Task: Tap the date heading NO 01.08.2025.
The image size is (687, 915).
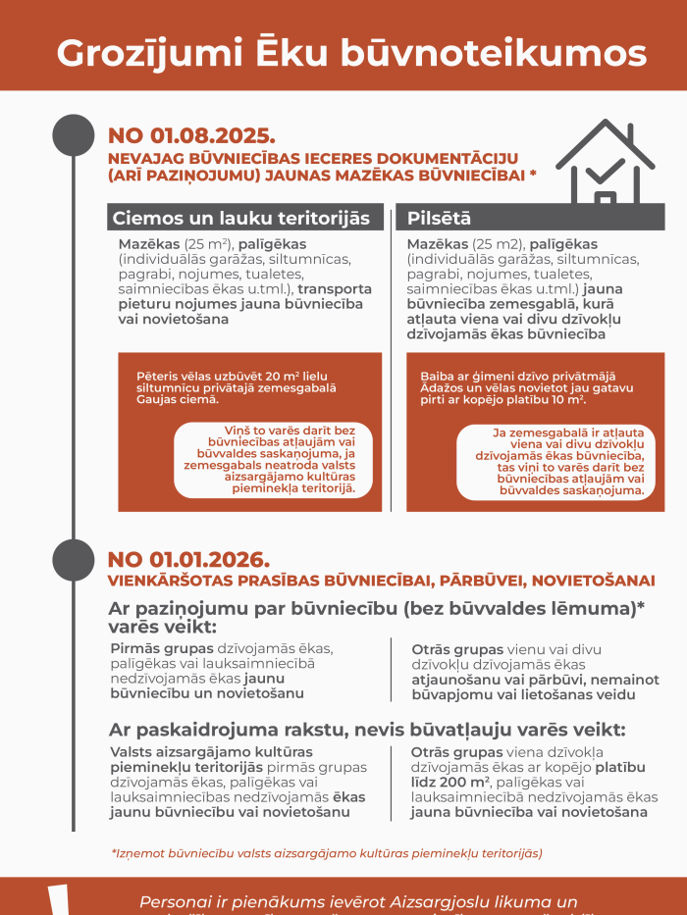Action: [x=191, y=135]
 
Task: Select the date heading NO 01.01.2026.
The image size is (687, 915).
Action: [x=188, y=560]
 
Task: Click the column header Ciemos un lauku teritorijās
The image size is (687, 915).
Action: [x=241, y=218]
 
